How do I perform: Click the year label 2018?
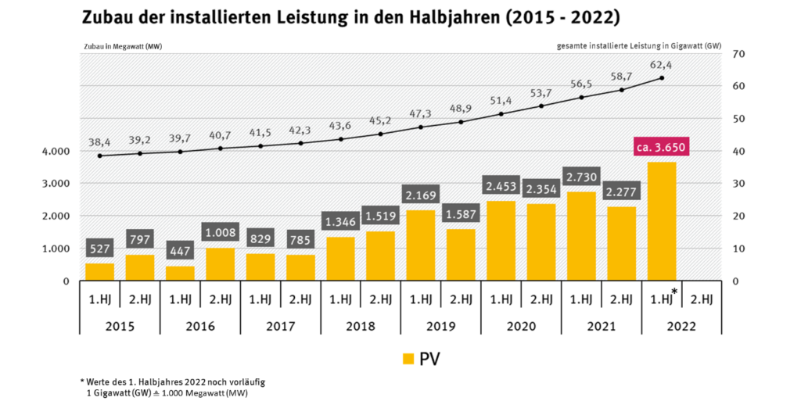(x=361, y=324)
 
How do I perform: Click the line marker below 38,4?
(x=99, y=156)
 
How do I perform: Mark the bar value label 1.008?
(x=220, y=232)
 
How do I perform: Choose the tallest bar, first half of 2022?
(x=662, y=221)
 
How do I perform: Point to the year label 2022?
(x=682, y=324)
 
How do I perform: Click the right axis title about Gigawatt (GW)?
(x=637, y=47)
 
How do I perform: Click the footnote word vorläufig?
(x=242, y=381)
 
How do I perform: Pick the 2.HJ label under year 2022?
(x=702, y=298)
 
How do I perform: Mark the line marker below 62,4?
(x=662, y=77)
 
